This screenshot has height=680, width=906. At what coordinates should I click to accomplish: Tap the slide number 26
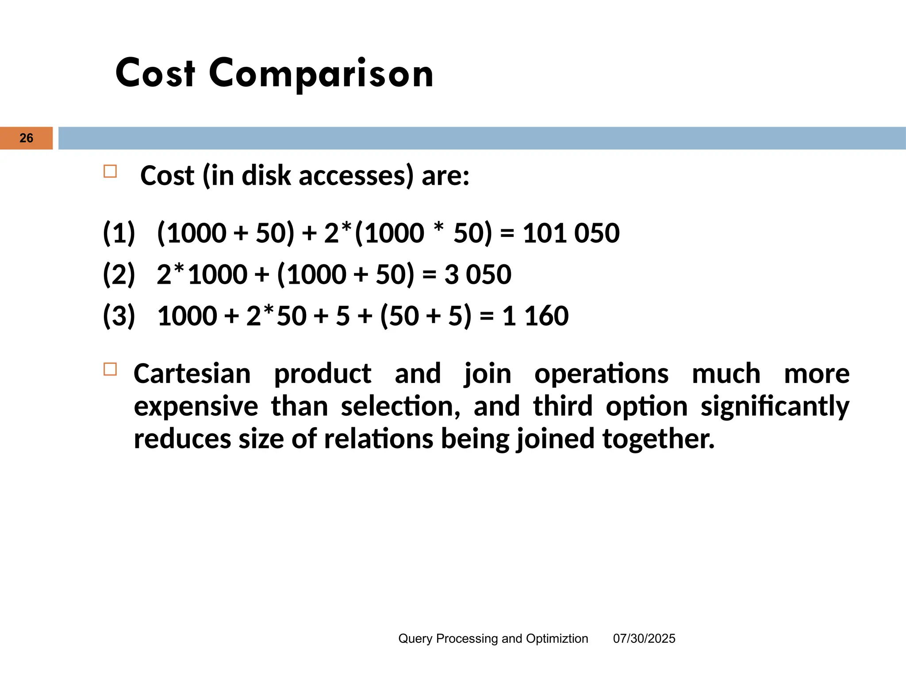(27, 138)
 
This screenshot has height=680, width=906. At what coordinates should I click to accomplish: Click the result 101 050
(571, 233)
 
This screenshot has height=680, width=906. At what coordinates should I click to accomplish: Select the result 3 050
(478, 274)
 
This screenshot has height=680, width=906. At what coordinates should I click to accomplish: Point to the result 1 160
(535, 316)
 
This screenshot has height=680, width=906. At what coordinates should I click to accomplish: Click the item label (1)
(119, 233)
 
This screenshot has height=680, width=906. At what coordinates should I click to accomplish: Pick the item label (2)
(119, 274)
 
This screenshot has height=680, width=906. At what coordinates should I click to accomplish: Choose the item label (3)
(119, 316)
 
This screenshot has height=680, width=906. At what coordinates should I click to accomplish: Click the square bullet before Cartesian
(110, 369)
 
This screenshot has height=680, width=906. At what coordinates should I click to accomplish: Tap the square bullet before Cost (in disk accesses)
(110, 171)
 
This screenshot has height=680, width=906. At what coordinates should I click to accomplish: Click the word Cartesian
(192, 374)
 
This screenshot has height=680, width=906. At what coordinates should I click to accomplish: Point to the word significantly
(775, 406)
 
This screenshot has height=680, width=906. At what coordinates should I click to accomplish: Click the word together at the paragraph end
(658, 439)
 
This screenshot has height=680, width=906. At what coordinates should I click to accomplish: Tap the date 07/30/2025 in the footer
(644, 638)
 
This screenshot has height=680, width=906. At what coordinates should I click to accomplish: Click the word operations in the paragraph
(601, 374)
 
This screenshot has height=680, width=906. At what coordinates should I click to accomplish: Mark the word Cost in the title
(155, 73)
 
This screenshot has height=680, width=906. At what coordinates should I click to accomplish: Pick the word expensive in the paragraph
(196, 406)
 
